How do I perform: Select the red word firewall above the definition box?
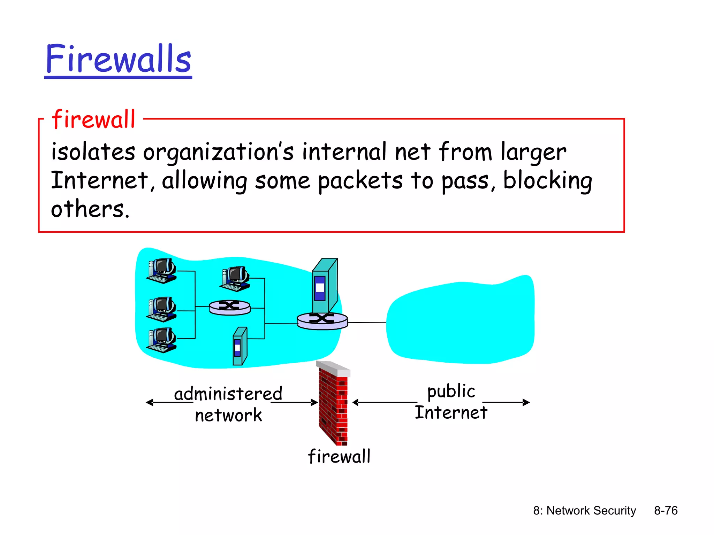coord(93,119)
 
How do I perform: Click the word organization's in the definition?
coord(219,153)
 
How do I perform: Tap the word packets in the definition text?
coord(360,181)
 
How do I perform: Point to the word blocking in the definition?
coord(547,181)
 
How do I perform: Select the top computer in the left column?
coord(161,271)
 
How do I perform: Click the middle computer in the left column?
coord(161,309)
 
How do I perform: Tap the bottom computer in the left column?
coord(161,340)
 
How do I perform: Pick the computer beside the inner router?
coord(235,279)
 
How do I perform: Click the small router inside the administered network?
coord(229,307)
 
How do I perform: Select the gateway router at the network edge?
coord(322,320)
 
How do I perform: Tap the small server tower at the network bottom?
coord(240,346)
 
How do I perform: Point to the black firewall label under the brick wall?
coord(339,456)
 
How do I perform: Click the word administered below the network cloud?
coord(228,394)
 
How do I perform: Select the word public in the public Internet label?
coord(451,391)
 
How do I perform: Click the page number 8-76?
coord(666,511)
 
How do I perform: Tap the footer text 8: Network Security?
coord(584,511)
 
